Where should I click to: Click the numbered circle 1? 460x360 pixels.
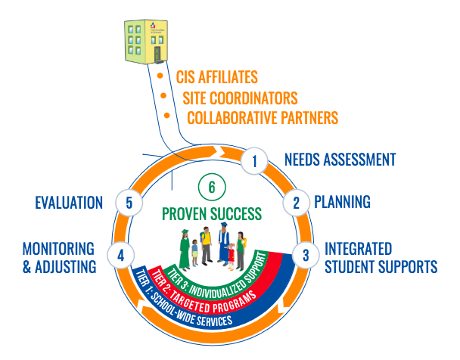(x=255, y=160)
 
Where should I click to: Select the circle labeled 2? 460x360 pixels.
(x=296, y=202)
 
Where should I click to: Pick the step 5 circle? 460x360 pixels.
(x=129, y=202)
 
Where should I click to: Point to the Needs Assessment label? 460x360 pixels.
(x=340, y=160)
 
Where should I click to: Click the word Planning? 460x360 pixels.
(x=342, y=202)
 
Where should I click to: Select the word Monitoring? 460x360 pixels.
(x=57, y=248)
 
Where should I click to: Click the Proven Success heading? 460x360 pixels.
(x=212, y=214)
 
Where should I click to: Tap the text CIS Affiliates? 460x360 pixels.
(x=216, y=76)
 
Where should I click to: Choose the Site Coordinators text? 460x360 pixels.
(x=240, y=98)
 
